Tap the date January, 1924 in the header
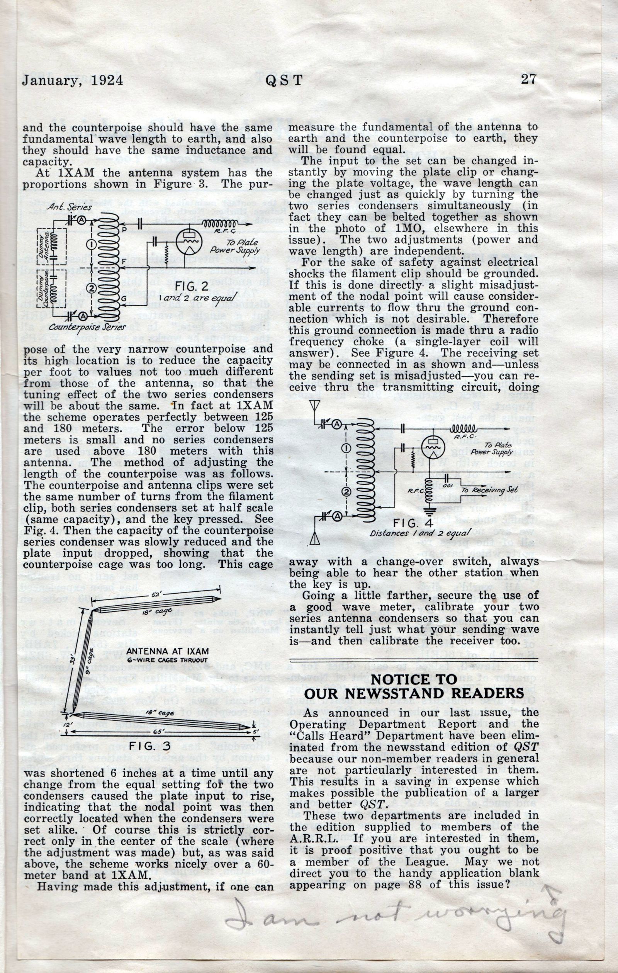(72, 80)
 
